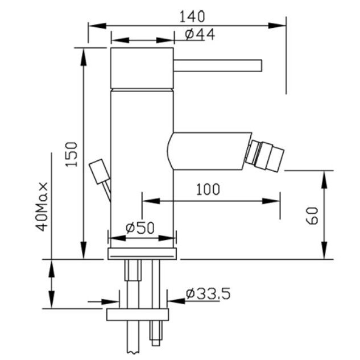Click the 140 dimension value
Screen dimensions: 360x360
tap(192, 16)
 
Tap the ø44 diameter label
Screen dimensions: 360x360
tap(200, 35)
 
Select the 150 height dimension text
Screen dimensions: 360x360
tap(72, 154)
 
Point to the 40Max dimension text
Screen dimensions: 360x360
tap(42, 206)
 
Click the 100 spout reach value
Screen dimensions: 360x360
tap(208, 189)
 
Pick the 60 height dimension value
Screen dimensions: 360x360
tap(312, 216)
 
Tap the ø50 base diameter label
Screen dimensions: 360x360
tap(140, 227)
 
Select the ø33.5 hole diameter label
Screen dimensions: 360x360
tap(208, 294)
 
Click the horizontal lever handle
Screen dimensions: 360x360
tap(218, 65)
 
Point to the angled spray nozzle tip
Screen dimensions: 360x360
tap(265, 156)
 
